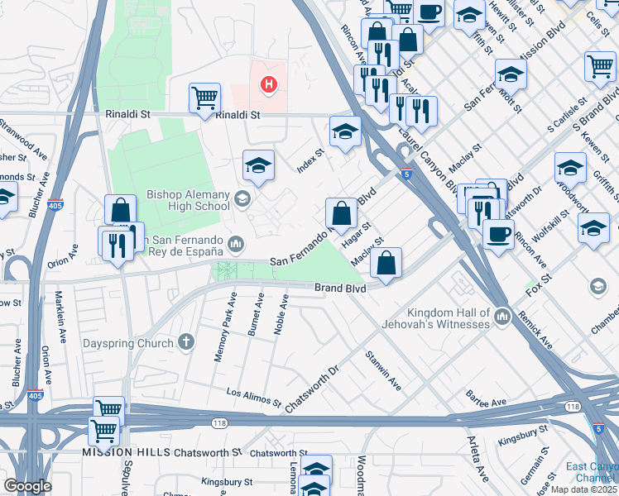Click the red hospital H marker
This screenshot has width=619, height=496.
pyautogui.click(x=268, y=83)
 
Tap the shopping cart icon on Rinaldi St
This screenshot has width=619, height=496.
pyautogui.click(x=204, y=98)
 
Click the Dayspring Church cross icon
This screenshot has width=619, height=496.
pyautogui.click(x=187, y=341)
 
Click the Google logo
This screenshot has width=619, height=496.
pyautogui.click(x=27, y=485)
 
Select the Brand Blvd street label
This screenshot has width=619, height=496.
pyautogui.click(x=340, y=289)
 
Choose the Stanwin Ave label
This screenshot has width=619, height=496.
pyautogui.click(x=384, y=371)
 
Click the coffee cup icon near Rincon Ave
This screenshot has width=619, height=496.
pyautogui.click(x=497, y=233)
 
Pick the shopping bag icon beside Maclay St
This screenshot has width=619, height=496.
pyautogui.click(x=386, y=264)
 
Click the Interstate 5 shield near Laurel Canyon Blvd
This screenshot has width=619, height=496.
pyautogui.click(x=405, y=173)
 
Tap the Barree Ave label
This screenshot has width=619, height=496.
pyautogui.click(x=486, y=402)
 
